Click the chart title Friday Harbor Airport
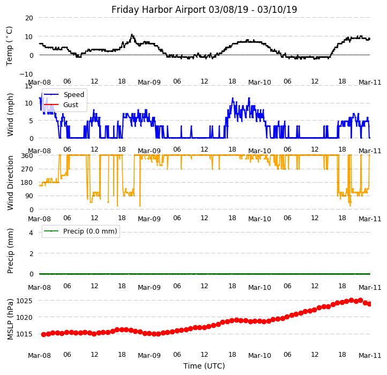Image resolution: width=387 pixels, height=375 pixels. point(204,10)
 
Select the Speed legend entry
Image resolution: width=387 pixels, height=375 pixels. point(73,95)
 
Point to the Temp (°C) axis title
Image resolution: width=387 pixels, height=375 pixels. point(10,46)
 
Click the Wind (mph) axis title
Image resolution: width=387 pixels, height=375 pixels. point(10,114)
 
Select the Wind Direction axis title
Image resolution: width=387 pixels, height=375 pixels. point(10,183)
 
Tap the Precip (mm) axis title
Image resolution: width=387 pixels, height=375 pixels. point(10,250)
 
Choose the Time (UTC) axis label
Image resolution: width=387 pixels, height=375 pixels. point(204,366)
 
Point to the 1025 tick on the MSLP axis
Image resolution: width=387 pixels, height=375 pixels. point(24,301)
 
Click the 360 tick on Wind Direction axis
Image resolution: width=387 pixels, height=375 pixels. point(27,155)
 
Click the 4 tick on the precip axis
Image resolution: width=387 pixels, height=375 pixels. point(31,232)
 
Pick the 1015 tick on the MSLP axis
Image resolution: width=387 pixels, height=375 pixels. point(24,334)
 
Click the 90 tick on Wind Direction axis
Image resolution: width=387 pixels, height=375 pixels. point(29,196)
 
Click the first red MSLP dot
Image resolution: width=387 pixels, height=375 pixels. point(43,334)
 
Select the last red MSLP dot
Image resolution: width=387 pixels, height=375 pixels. point(369,304)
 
